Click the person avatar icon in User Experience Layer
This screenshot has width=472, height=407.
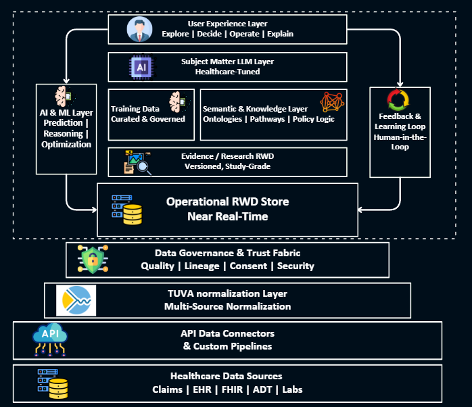pyautogui.click(x=139, y=29)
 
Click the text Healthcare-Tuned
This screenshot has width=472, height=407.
pyautogui.click(x=227, y=72)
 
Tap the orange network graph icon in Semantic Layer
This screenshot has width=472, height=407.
pyautogui.click(x=331, y=102)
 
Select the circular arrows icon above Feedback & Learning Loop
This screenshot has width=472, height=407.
pyautogui.click(x=398, y=101)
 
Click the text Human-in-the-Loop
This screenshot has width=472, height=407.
pyautogui.click(x=399, y=143)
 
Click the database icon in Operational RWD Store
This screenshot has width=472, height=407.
pyautogui.click(x=126, y=209)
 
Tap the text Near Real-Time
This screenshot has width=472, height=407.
pyautogui.click(x=227, y=216)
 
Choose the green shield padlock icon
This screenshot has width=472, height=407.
pyautogui.click(x=92, y=259)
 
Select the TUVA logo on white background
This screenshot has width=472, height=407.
pyautogui.click(x=76, y=300)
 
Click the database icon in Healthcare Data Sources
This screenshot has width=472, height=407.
pyautogui.click(x=53, y=384)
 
